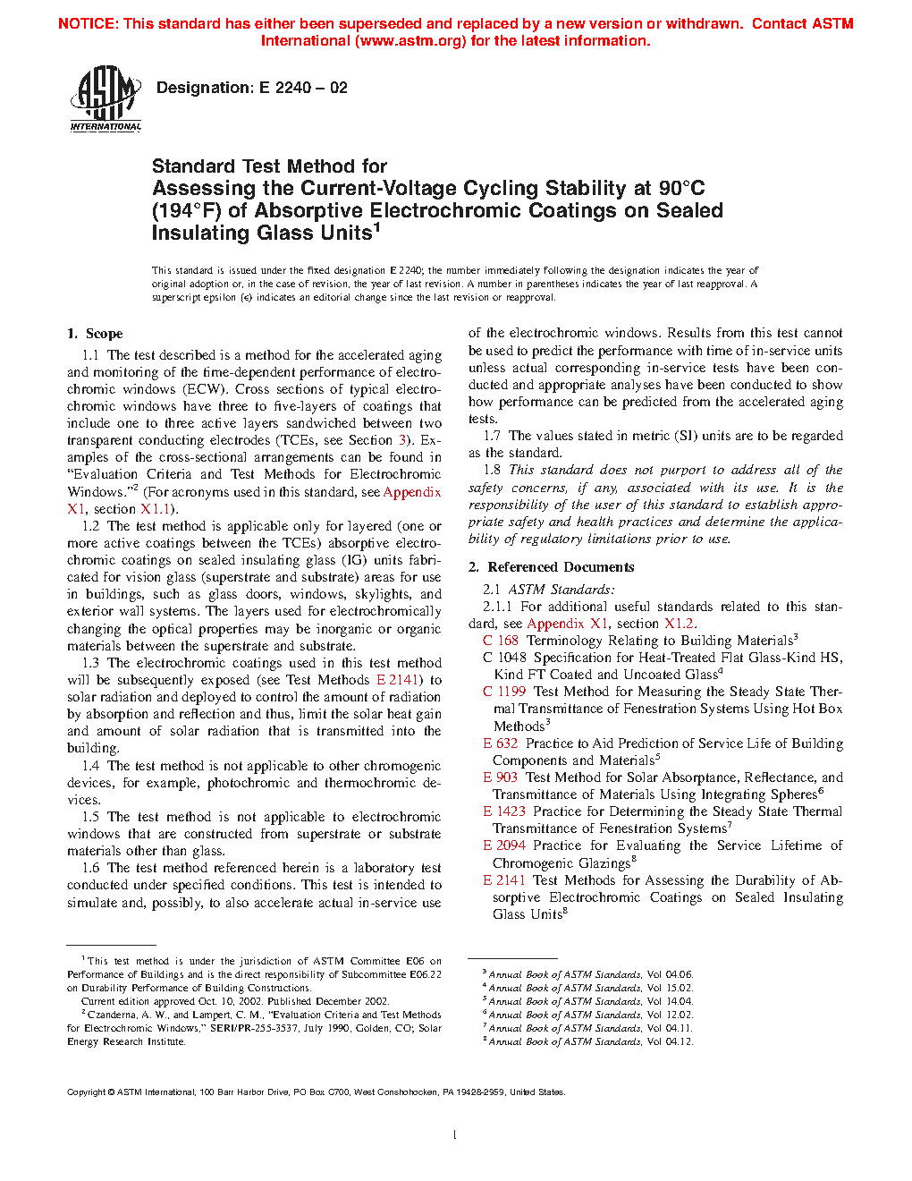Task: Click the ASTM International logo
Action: [106, 99]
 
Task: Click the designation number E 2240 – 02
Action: [303, 88]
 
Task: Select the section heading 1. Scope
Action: [95, 334]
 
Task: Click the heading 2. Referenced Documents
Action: [552, 567]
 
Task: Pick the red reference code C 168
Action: [501, 641]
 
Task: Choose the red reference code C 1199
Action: [504, 692]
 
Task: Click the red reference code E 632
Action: [501, 743]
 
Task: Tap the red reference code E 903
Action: [501, 777]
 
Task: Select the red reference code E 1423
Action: [504, 811]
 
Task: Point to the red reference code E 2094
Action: [504, 845]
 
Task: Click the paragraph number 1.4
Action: [90, 766]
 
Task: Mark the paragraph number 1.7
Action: [492, 436]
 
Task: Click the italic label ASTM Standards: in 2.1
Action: [562, 590]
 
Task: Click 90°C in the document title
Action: [681, 189]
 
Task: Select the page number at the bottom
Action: [455, 1135]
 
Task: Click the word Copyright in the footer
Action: [87, 1092]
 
